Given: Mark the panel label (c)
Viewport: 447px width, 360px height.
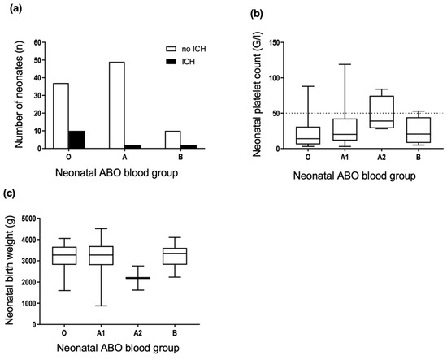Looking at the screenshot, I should (11, 193).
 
